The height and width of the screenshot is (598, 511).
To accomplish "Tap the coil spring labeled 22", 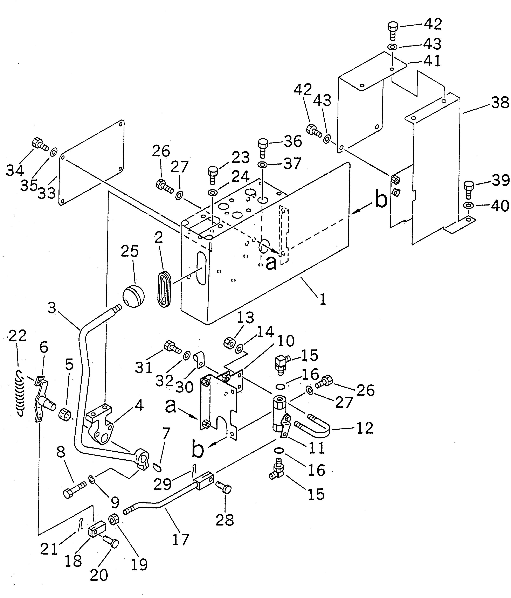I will (x=20, y=393).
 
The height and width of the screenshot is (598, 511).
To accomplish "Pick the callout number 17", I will (x=180, y=539).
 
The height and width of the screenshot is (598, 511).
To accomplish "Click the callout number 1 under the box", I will (x=323, y=299).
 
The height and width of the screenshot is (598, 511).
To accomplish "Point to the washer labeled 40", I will (x=468, y=206).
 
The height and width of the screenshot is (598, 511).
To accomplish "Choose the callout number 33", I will (x=47, y=193).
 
